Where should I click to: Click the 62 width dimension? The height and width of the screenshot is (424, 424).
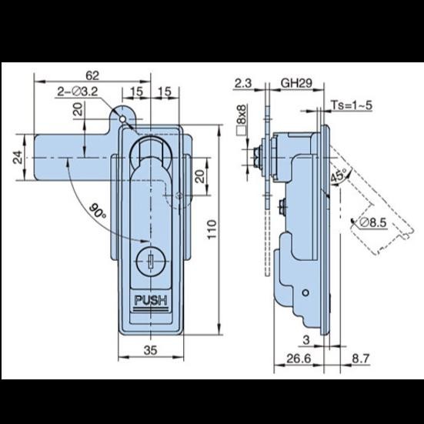92,75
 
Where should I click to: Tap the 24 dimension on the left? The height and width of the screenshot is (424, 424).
17,158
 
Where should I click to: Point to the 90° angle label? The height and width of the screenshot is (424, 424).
98,210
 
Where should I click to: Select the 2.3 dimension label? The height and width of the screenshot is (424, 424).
243,83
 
